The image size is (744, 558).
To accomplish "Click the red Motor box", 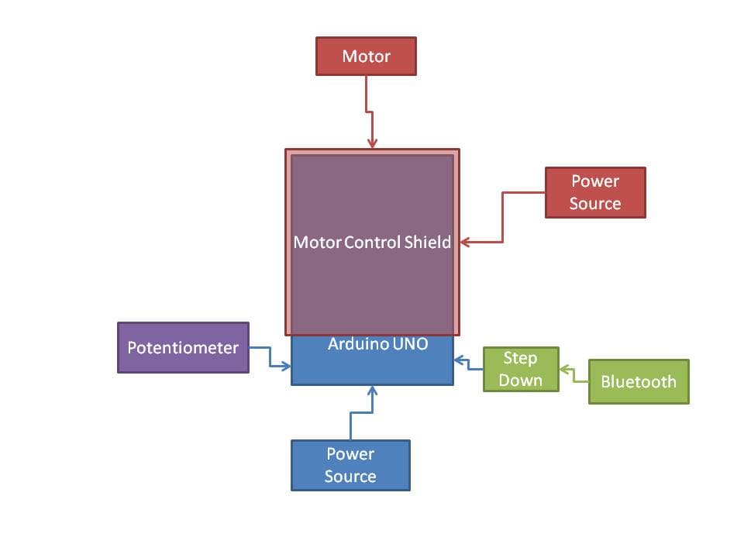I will coord(366,57).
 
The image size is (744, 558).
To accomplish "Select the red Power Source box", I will coord(595,192).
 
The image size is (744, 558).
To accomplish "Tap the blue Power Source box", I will coord(350,465).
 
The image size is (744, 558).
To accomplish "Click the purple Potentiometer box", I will coord(183,347).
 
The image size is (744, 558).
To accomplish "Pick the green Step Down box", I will coord(521,369).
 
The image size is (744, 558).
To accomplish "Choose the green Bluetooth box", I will coord(639,381).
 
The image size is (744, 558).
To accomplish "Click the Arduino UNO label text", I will coord(377,343).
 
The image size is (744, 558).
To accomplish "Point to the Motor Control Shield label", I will coord(372,242).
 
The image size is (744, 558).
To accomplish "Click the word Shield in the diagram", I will coord(427,242).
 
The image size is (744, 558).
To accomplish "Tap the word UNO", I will coord(410,343).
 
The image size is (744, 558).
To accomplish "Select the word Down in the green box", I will coord(520,380).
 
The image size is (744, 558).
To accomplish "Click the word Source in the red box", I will coord(595,203).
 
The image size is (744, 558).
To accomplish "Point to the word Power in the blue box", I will coord(350,454).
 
